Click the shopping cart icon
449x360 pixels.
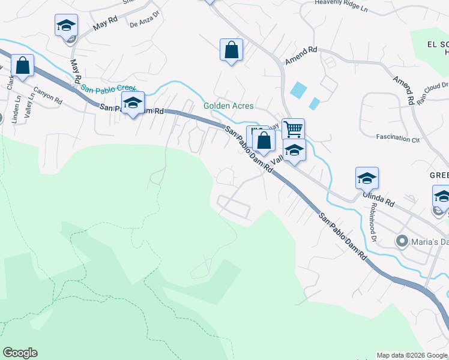coord(293,128)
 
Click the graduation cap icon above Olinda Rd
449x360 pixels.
coord(367,178)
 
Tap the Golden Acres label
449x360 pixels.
coord(228,106)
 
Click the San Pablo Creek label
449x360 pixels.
coord(105,89)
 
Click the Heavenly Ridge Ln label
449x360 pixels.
coord(340,7)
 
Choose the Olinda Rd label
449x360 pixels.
coord(376,199)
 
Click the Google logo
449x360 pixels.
coord(20,353)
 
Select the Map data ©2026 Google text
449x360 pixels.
coord(411,355)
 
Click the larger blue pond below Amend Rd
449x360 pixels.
coord(297,90)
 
